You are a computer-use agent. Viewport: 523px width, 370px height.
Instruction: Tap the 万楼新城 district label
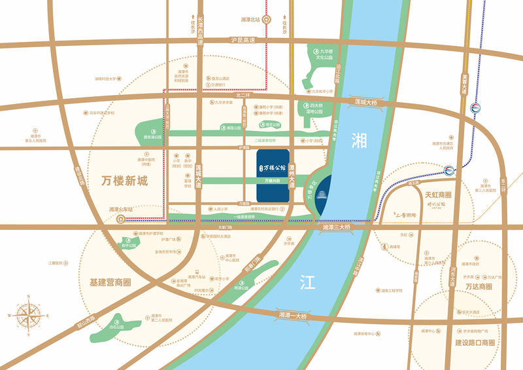click(126, 181)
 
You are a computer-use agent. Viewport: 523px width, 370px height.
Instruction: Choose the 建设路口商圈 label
click(475, 342)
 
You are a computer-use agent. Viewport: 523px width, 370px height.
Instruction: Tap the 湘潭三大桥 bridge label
click(337, 227)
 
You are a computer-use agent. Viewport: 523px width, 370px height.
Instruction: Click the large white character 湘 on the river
click(359, 139)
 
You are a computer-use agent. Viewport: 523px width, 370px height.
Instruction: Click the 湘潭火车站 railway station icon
click(121, 220)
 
